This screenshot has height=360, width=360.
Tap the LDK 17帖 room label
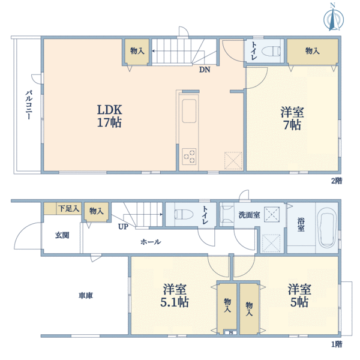110,116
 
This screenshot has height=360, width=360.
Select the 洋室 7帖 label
292,118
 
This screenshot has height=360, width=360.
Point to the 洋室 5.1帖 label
175,296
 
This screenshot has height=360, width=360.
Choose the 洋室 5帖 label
299,296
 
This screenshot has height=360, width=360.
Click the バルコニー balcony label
29,104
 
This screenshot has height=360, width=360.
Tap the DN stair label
205,70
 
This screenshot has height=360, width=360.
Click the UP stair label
123,227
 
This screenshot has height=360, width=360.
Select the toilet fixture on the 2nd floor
271,52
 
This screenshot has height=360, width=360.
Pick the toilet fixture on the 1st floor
184,214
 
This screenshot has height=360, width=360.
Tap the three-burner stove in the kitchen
189,157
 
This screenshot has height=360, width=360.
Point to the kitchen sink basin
189,111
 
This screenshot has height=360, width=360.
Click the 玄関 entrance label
62,236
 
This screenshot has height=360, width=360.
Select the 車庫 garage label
86,295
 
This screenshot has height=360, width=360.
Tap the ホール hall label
151,242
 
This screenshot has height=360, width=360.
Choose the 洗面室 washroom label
250,215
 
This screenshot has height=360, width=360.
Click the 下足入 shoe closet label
68,208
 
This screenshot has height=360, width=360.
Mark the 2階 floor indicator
337,181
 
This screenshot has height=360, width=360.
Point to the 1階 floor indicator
337,344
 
